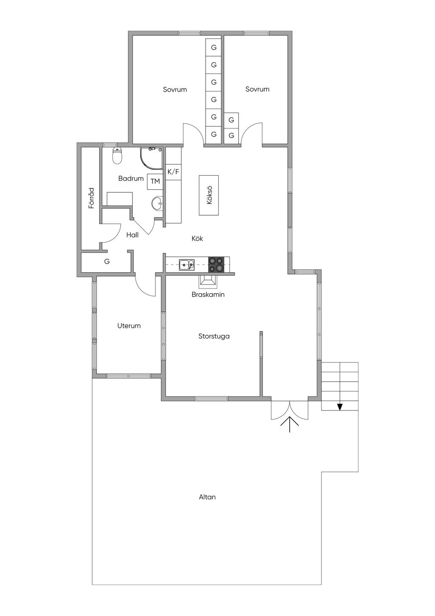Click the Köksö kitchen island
click(209, 195)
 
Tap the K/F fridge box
click(173, 172)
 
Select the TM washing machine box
click(155, 182)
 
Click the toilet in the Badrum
click(117, 156)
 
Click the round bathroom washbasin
click(157, 203)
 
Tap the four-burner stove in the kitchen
click(216, 265)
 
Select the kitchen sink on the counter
click(186, 265)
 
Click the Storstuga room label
click(214, 336)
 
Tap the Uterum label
click(129, 326)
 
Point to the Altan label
click(207, 497)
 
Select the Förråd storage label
click(91, 198)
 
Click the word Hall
click(133, 235)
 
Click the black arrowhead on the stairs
click(339, 407)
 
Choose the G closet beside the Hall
click(107, 262)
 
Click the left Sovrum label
click(175, 90)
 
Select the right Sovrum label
click(257, 89)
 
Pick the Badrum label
click(131, 179)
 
